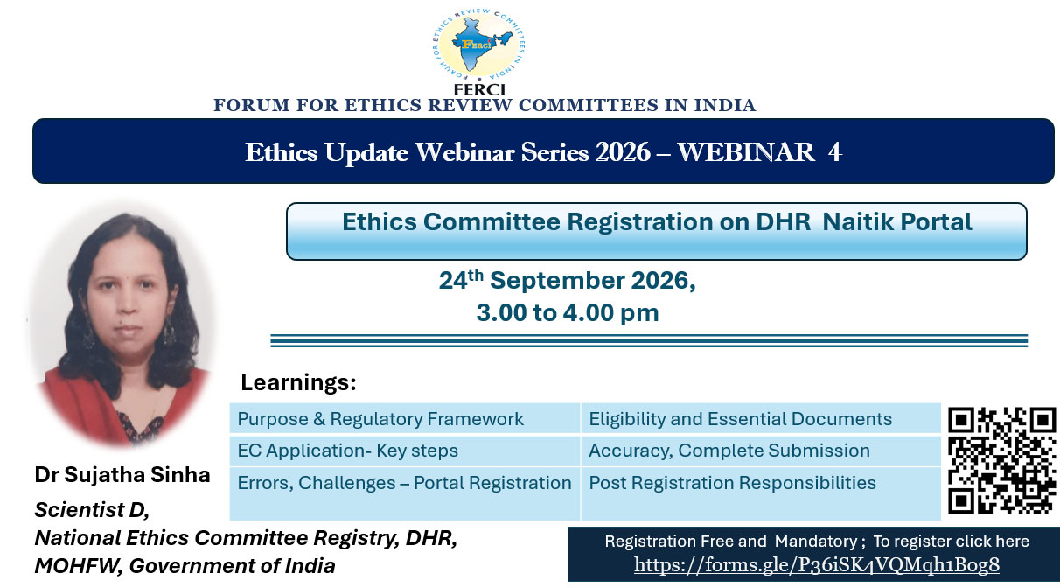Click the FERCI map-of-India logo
pyautogui.click(x=479, y=45)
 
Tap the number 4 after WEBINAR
pyautogui.click(x=834, y=152)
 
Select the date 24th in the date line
pyautogui.click(x=461, y=279)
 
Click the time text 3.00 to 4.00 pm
pyautogui.click(x=568, y=312)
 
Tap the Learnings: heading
pyautogui.click(x=298, y=382)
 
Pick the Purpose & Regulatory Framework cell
pyautogui.click(x=405, y=418)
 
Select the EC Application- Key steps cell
pyautogui.click(x=405, y=451)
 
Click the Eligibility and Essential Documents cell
pyautogui.click(x=761, y=418)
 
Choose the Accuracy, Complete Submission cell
pyautogui.click(x=761, y=451)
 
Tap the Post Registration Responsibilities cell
pyautogui.click(x=761, y=493)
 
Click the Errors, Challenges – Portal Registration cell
pyautogui.click(x=405, y=493)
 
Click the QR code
pyautogui.click(x=1001, y=460)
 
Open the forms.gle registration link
pyautogui.click(x=816, y=564)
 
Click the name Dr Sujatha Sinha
pyautogui.click(x=122, y=475)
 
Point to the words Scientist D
pyautogui.click(x=91, y=510)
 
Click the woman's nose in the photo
pyautogui.click(x=127, y=304)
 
